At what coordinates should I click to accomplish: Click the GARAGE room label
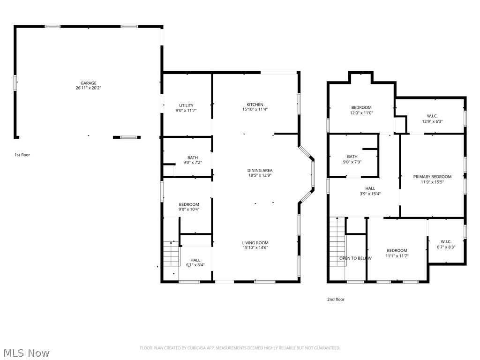point(88,83)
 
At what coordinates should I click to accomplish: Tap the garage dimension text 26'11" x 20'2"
point(88,88)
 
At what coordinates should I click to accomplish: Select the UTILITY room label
point(186,105)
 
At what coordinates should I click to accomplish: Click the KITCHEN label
point(255,105)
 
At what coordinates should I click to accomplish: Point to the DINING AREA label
point(260,170)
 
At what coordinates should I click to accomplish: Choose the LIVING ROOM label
point(255,243)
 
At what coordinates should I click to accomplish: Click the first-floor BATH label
point(192,157)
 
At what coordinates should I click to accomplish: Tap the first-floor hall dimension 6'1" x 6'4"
point(195,265)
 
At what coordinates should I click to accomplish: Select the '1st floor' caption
point(22,155)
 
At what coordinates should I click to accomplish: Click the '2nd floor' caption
point(336,300)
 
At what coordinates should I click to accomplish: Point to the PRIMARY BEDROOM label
point(432,177)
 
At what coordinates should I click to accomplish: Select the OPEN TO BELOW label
point(355,258)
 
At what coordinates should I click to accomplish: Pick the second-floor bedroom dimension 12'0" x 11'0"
point(361,113)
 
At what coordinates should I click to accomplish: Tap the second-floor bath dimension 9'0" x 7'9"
point(352,162)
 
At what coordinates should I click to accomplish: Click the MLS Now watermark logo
point(26,353)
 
